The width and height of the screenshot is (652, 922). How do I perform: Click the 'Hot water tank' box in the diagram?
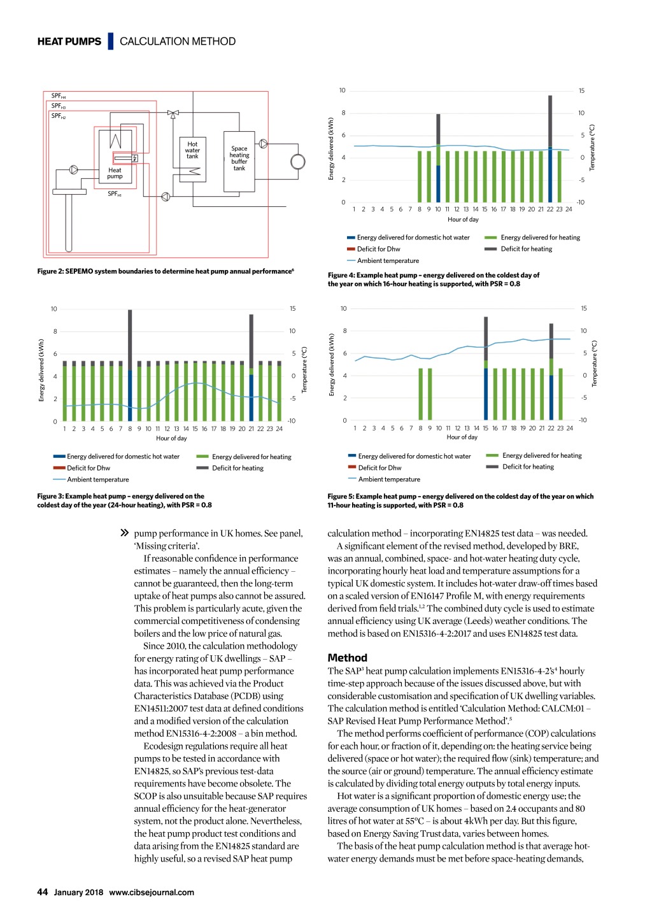click(192, 159)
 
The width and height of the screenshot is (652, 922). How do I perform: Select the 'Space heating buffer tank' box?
click(239, 161)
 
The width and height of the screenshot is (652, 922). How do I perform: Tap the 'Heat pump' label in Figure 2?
click(115, 173)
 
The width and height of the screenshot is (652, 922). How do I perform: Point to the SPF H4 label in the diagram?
click(59, 96)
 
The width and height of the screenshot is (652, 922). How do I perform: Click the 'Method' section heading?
click(347, 658)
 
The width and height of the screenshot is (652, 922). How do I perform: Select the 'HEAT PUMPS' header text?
click(69, 41)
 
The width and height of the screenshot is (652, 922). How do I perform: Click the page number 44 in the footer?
click(43, 892)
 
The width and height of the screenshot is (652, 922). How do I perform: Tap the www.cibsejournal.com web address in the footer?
click(152, 892)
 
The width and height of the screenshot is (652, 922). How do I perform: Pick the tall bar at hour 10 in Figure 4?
click(438, 158)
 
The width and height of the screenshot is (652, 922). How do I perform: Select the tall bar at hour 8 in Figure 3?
click(130, 365)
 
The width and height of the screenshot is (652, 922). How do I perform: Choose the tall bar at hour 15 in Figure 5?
click(486, 368)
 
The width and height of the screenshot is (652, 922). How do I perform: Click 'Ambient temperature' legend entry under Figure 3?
click(97, 479)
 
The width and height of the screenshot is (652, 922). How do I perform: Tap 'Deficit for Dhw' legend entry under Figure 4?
click(378, 249)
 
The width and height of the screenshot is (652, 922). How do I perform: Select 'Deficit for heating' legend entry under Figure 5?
click(528, 467)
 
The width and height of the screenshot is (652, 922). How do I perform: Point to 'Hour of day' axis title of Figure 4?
click(463, 220)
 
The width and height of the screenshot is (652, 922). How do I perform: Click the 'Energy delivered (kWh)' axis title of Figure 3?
click(42, 370)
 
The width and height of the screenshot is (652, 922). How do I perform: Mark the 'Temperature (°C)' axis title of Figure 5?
click(595, 364)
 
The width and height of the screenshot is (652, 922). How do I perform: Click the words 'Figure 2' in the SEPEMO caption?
click(50, 271)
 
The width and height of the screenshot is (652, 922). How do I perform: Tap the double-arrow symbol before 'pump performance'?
click(125, 533)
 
